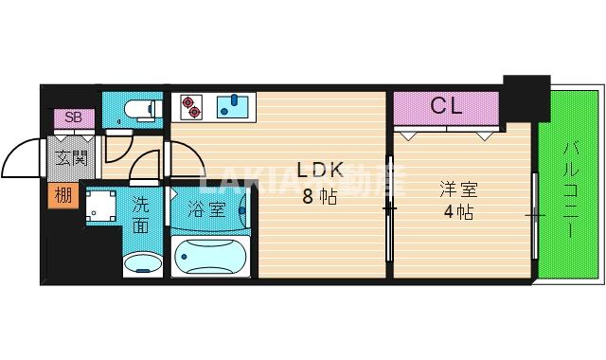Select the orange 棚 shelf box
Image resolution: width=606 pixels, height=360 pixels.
[62, 196]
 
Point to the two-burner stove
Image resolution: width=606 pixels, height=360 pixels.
[189, 106]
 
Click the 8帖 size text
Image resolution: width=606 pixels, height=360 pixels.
[319, 197]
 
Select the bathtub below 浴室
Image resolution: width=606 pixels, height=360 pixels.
[210, 256]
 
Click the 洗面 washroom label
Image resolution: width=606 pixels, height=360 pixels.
[139, 213]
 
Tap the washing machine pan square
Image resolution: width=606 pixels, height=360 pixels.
[100, 208]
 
